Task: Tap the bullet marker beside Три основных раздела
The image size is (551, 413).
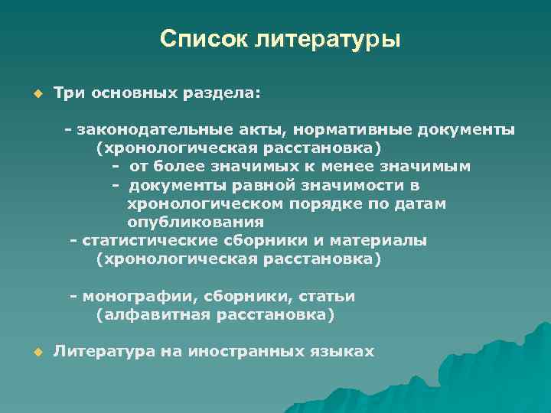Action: point(35,93)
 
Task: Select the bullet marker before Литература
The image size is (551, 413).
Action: point(35,352)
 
